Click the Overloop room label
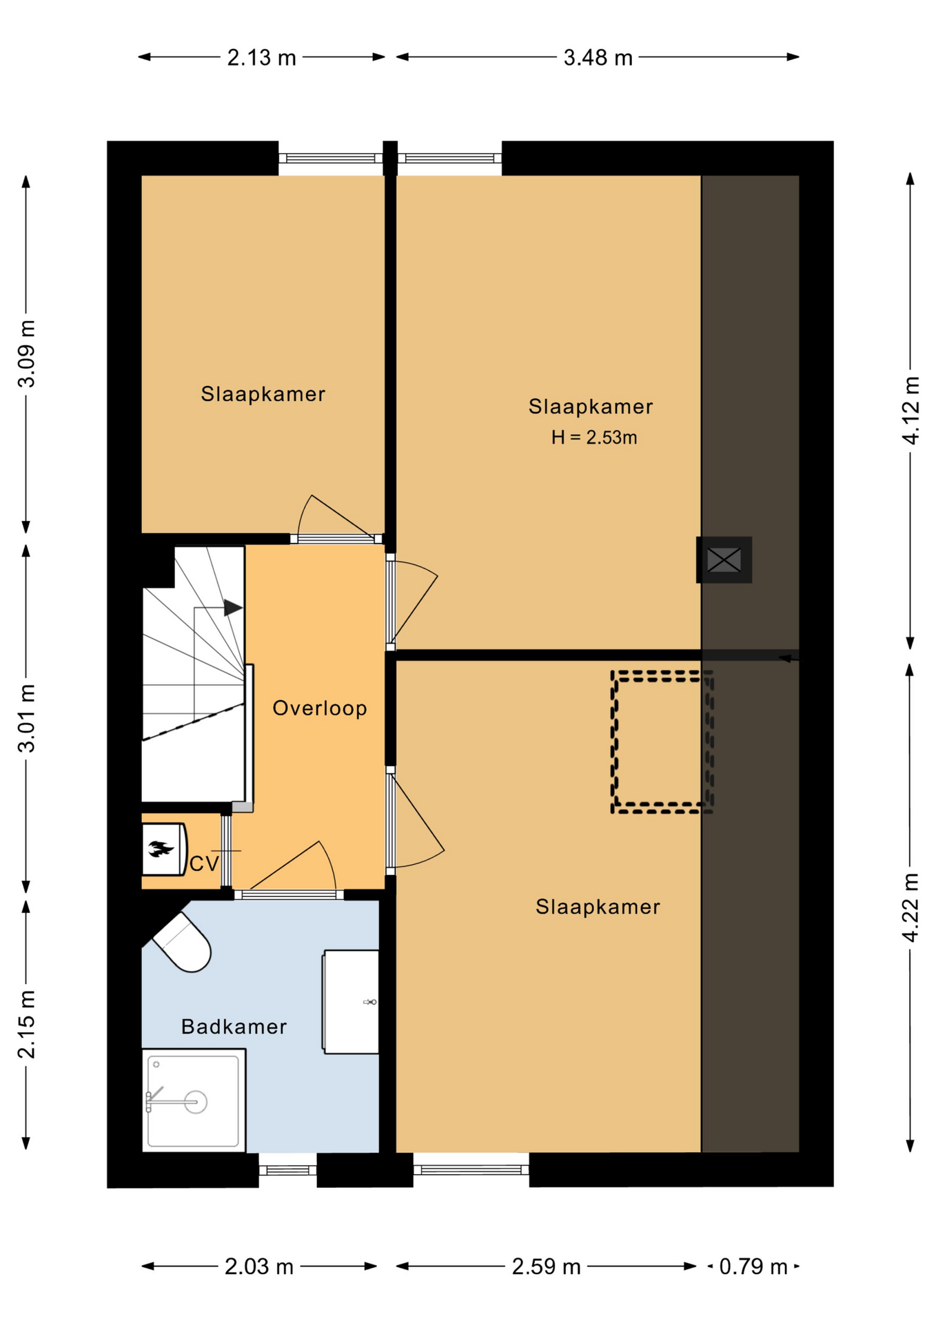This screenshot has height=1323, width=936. [320, 708]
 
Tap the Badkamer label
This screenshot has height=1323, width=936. [234, 1027]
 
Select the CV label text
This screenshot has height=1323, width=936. [204, 863]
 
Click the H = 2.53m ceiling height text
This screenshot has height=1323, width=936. [594, 438]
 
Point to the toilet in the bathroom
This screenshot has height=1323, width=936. [182, 942]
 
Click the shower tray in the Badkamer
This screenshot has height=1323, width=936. [194, 1100]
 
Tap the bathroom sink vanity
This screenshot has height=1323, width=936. [351, 1001]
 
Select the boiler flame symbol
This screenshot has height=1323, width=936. [161, 850]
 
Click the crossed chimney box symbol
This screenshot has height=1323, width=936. [724, 560]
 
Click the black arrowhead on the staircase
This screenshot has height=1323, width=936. [233, 608]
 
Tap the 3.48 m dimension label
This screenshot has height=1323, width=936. [598, 58]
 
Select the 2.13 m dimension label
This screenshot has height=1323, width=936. [261, 58]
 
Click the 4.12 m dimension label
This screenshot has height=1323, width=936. [910, 411]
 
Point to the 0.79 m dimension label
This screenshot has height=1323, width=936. [753, 1266]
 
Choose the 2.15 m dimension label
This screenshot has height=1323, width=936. [26, 1024]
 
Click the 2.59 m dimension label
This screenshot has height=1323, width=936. [546, 1266]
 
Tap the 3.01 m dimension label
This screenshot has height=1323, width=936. [26, 719]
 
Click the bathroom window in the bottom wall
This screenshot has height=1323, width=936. [287, 1170]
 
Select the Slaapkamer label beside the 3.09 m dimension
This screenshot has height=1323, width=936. [263, 394]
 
